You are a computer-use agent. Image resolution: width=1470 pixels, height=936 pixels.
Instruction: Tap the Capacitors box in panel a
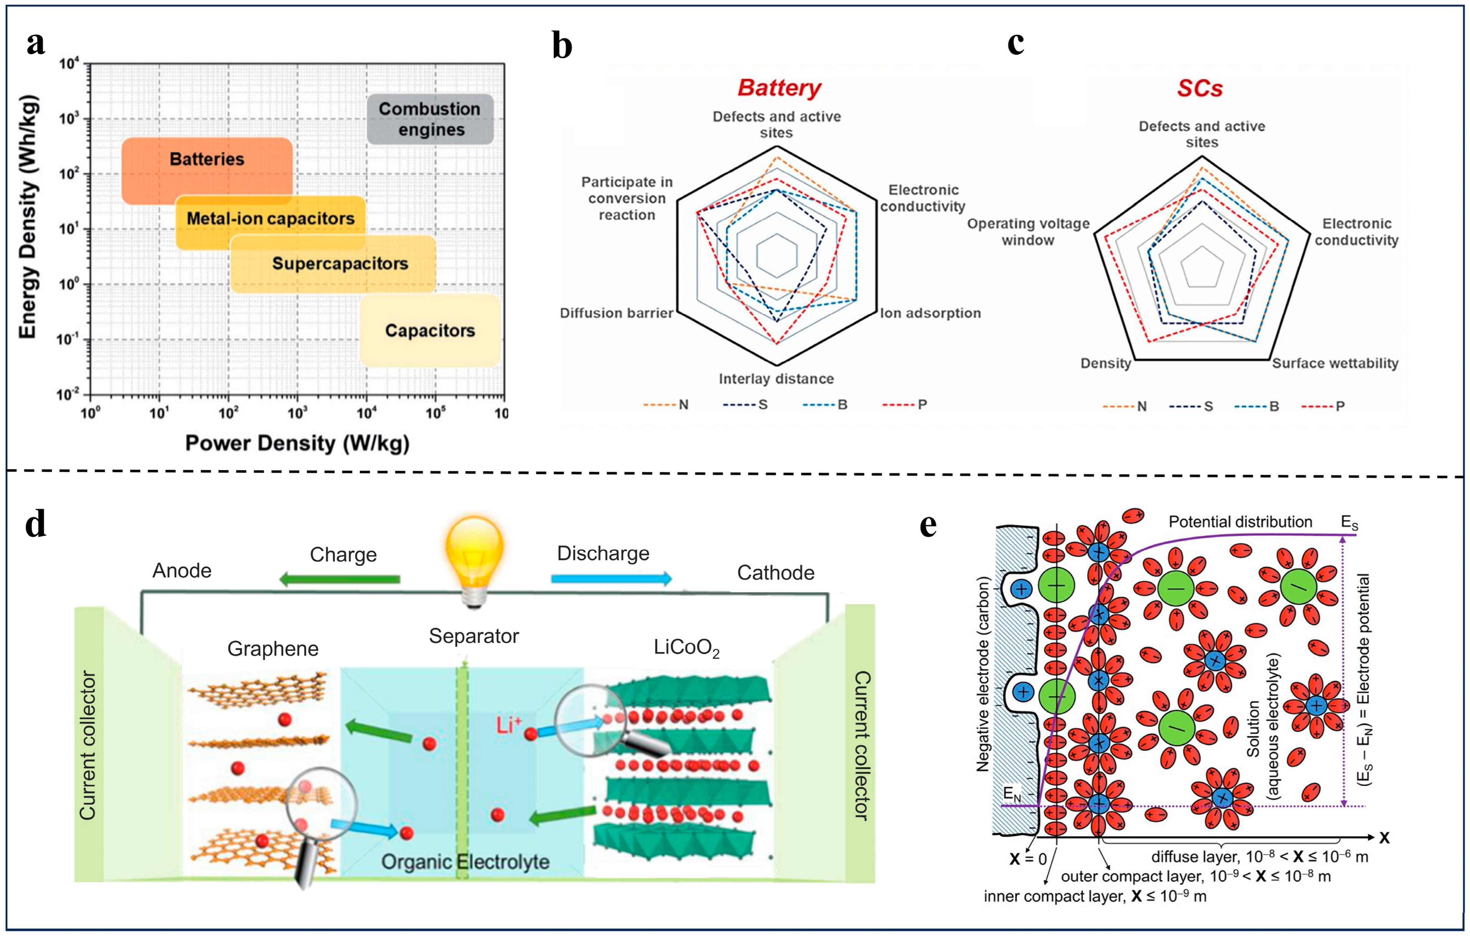click(430, 330)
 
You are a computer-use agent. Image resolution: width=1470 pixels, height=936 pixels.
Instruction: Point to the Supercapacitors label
click(340, 264)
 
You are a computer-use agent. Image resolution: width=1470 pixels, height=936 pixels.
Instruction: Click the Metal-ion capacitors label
click(270, 219)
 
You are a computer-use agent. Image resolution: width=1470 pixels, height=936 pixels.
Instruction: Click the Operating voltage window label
click(1028, 232)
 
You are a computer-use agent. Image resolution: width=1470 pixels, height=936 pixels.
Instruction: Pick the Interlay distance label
click(776, 379)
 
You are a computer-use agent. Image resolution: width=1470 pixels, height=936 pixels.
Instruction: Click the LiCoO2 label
click(686, 648)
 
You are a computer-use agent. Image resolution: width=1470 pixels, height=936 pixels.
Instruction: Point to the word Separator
click(474, 636)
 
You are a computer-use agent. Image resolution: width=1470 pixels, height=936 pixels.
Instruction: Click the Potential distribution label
click(1240, 522)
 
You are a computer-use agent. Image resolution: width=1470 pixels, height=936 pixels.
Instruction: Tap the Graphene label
click(273, 648)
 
